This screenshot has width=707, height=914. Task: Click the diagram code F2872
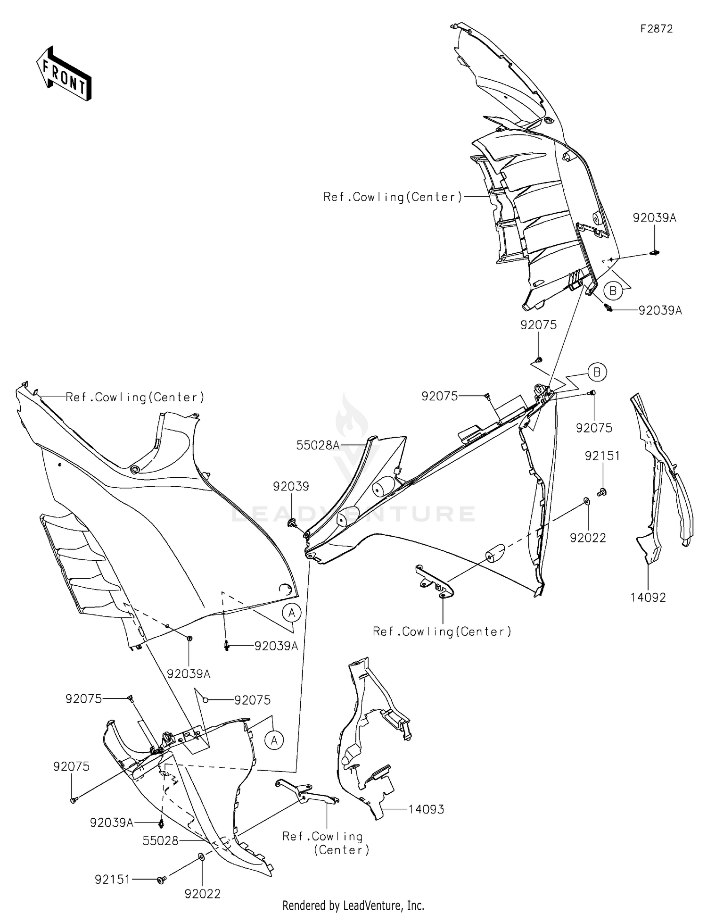click(656, 29)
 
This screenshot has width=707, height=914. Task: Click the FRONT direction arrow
click(64, 74)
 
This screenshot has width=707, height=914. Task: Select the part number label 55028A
click(318, 445)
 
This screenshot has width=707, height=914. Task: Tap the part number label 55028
click(160, 840)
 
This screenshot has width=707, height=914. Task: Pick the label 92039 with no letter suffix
click(291, 486)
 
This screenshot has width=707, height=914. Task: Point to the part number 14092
click(648, 598)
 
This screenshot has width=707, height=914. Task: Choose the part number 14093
click(426, 809)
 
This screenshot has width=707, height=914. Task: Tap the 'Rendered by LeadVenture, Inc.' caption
click(353, 906)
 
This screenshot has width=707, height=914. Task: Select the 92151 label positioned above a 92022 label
click(602, 456)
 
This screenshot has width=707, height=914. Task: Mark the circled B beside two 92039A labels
click(613, 291)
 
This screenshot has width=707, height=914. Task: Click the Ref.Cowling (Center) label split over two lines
click(325, 843)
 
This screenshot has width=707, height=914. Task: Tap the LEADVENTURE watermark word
click(353, 514)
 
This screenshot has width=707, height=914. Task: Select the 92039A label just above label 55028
click(112, 823)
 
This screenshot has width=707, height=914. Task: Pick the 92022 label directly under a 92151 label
click(588, 538)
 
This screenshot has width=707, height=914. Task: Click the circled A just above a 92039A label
click(292, 613)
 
